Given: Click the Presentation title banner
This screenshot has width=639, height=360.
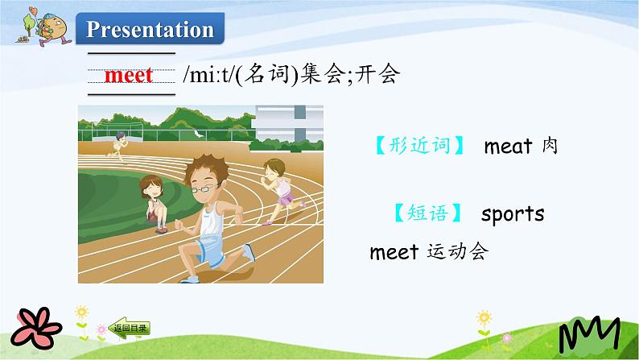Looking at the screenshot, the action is point(150,28).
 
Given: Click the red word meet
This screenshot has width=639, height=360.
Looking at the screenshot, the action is point(129,75).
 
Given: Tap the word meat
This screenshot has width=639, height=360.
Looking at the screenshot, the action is point(508,147).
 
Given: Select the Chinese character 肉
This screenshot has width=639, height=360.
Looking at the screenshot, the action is point(550,146).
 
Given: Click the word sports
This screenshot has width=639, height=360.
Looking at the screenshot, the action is point(513,214).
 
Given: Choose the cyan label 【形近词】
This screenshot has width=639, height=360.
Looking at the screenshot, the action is point(419,146).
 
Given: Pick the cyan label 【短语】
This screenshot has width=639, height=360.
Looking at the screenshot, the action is point(428,213).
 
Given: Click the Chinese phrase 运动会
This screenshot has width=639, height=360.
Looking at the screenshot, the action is point(457,251).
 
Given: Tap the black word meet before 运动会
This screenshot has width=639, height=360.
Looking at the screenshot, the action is point(394,252).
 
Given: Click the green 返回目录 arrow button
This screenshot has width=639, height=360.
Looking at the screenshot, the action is point(130,329).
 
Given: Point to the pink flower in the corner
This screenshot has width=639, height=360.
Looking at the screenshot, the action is point(36,328).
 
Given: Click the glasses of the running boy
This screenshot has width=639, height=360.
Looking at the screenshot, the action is point(204,188).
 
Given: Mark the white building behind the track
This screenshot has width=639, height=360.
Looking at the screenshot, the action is point(289,123).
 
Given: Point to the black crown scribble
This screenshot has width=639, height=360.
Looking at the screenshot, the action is point(589,334).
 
